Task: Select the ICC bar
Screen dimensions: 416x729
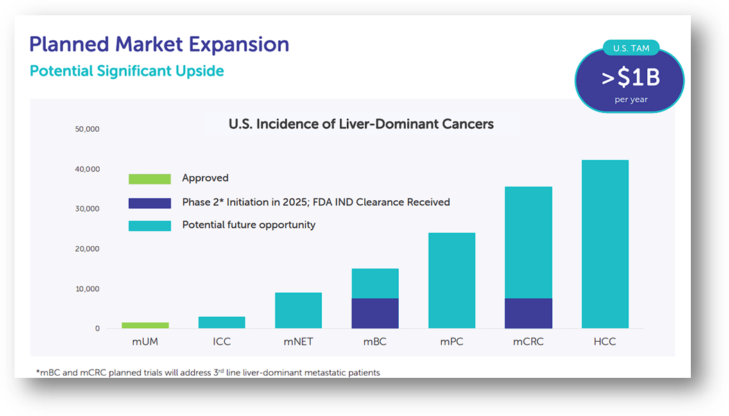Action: click(x=222, y=322)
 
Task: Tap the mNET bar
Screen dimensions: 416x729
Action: click(x=298, y=311)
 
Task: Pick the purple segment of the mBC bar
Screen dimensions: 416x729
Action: click(x=375, y=313)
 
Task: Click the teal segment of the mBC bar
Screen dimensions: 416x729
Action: click(x=375, y=284)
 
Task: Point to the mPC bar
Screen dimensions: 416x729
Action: click(x=452, y=281)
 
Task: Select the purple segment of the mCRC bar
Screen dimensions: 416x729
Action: click(x=529, y=313)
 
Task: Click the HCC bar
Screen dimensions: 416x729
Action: click(x=605, y=244)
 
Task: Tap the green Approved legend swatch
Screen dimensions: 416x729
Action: click(x=150, y=179)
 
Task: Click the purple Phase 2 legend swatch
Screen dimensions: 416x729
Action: click(x=150, y=203)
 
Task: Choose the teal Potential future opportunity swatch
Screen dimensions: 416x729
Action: click(x=150, y=225)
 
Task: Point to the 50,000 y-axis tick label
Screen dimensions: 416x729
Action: click(x=87, y=129)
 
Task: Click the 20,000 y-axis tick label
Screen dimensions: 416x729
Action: click(x=87, y=249)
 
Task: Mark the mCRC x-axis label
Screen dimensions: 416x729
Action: click(x=529, y=342)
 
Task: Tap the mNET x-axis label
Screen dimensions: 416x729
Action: click(x=298, y=342)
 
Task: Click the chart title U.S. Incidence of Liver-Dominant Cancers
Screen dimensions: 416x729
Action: click(x=361, y=124)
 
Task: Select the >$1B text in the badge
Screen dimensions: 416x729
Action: click(x=630, y=78)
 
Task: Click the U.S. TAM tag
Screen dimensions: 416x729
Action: click(x=631, y=49)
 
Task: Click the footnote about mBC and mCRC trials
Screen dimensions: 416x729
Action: click(x=208, y=373)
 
